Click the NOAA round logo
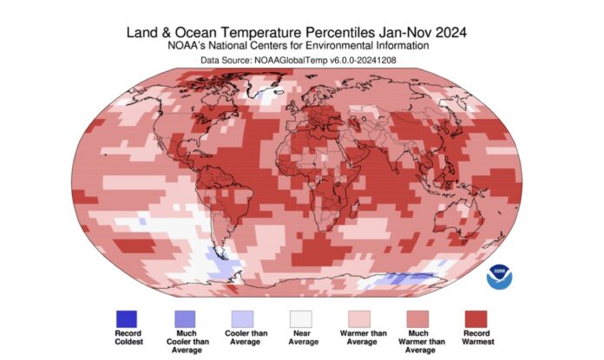(x=499, y=277)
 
